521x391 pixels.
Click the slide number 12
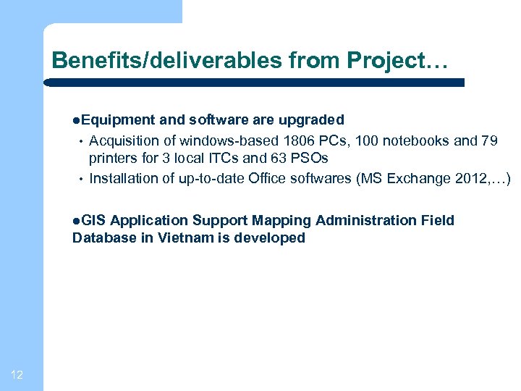point(18,374)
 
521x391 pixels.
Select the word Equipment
point(117,119)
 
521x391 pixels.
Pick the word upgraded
point(312,119)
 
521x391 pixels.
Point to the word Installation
point(121,178)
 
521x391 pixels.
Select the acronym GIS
point(93,220)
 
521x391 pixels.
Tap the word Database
point(101,238)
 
